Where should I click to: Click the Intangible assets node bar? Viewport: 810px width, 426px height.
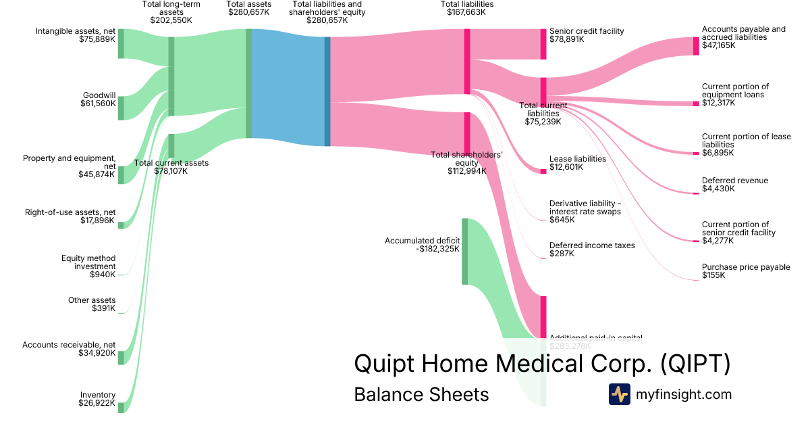tap(121, 43)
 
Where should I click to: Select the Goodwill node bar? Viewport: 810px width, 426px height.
tap(121, 108)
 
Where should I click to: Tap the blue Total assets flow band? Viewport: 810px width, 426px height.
tap(287, 88)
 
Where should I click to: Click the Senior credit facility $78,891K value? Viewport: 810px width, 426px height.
tap(567, 40)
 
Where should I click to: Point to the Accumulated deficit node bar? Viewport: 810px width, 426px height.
tap(464, 251)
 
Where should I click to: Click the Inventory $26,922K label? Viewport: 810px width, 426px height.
tap(98, 399)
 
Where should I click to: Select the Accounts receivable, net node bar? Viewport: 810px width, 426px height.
tap(121, 357)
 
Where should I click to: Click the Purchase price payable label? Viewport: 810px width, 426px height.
tap(746, 267)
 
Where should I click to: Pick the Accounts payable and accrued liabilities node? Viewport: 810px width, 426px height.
tap(696, 46)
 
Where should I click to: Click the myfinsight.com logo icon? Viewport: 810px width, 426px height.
tap(619, 394)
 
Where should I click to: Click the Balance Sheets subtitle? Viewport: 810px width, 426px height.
tap(421, 394)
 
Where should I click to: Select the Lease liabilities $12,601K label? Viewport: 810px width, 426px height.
tap(577, 163)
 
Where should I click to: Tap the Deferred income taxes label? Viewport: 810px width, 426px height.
tap(592, 245)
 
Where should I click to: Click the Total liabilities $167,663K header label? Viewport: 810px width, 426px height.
tap(466, 8)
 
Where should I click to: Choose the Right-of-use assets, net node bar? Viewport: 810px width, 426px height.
tap(121, 224)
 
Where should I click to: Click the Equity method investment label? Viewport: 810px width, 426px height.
tap(89, 266)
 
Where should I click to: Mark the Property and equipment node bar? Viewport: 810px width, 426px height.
tap(121, 174)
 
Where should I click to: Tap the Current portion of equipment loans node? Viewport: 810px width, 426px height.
tap(696, 103)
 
